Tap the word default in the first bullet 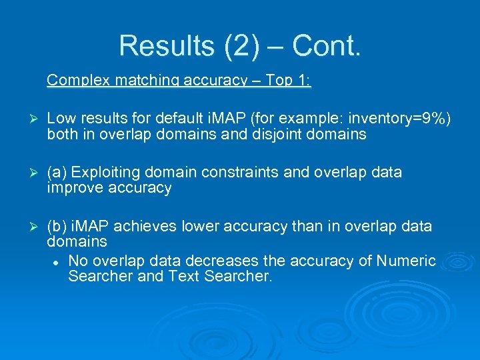[x=180, y=119]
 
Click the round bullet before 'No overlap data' [x=57, y=261]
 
